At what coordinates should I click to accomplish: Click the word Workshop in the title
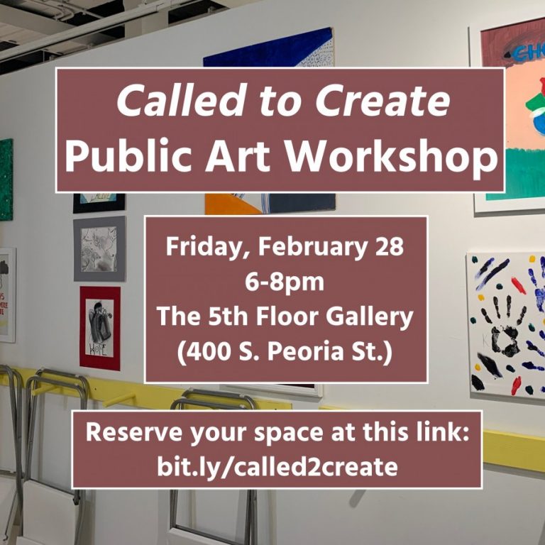pyautogui.click(x=392, y=155)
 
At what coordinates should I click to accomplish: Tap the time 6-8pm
pyautogui.click(x=285, y=282)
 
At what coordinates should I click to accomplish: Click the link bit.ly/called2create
pyautogui.click(x=277, y=467)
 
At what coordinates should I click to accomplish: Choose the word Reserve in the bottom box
pyautogui.click(x=134, y=432)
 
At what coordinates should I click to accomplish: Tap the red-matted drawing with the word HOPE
pyautogui.click(x=100, y=328)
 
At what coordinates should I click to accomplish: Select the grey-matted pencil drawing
pyautogui.click(x=99, y=248)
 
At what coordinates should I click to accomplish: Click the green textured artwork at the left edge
pyautogui.click(x=6, y=180)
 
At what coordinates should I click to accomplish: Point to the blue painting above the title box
pyautogui.click(x=268, y=49)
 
